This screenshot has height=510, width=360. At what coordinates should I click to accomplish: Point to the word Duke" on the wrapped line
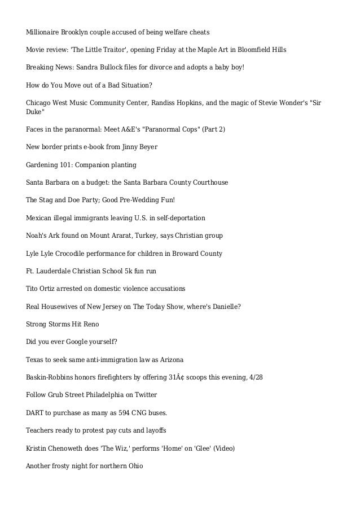[35, 112]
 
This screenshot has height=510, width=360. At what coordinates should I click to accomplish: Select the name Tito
[33, 288]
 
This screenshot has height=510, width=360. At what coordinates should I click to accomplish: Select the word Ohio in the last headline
[135, 466]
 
